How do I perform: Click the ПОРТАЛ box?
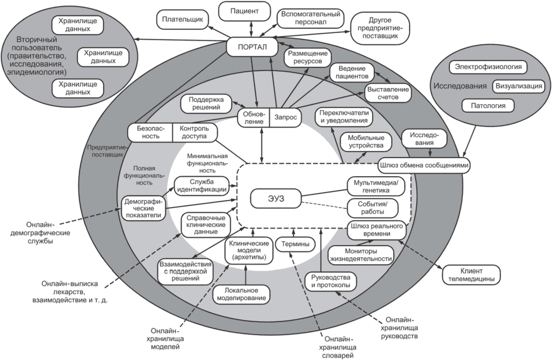click(x=252, y=47)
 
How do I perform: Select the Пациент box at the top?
click(x=245, y=11)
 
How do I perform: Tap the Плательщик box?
click(x=182, y=19)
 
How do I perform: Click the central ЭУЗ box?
click(x=276, y=199)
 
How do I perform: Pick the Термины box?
click(x=295, y=244)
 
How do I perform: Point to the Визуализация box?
click(x=519, y=86)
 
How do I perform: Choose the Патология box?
click(x=488, y=106)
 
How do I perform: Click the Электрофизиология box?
click(x=488, y=66)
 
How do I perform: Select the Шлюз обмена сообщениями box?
click(x=424, y=165)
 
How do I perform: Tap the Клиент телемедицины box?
click(x=471, y=275)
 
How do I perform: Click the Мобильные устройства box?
click(x=366, y=141)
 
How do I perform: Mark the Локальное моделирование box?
click(x=242, y=295)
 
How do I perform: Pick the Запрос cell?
click(x=285, y=118)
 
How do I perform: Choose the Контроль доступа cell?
click(x=194, y=132)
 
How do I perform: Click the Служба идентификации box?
click(x=202, y=186)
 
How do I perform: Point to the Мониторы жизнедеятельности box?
click(x=361, y=255)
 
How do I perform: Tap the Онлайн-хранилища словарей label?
click(x=338, y=347)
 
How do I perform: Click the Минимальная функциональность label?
click(x=207, y=163)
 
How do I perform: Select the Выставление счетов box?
click(x=388, y=93)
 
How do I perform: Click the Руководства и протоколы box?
click(x=331, y=281)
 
